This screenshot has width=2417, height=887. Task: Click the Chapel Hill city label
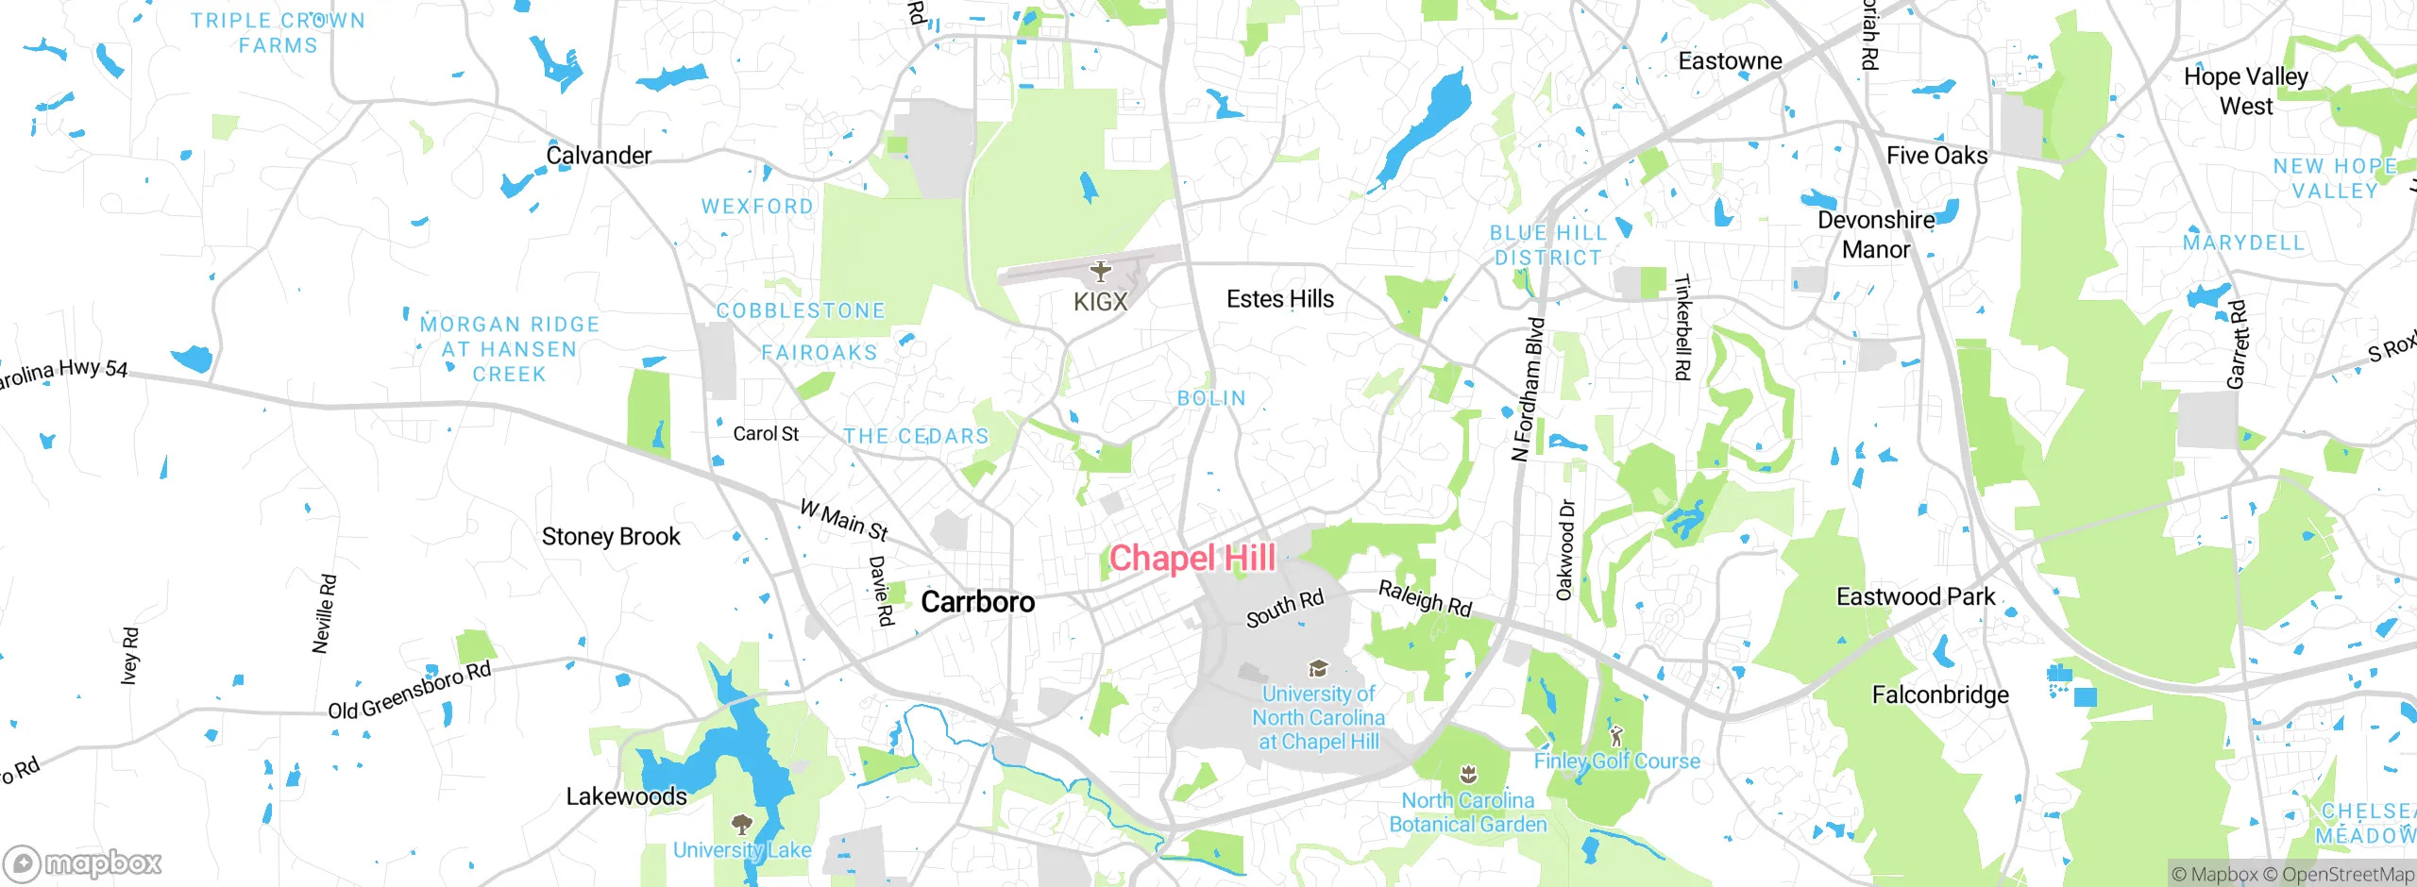[x=1192, y=558]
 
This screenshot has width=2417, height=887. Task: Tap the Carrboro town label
[x=977, y=602]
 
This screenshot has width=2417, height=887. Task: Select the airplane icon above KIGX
[x=1100, y=272]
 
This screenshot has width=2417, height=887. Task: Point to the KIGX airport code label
[x=1100, y=302]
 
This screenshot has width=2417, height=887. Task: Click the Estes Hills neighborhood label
[x=1279, y=299]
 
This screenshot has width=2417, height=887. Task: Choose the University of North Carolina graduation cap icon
[x=1317, y=669]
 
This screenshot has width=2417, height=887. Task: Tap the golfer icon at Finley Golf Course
[x=1615, y=735]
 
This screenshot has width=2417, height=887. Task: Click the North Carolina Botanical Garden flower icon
[x=1467, y=775]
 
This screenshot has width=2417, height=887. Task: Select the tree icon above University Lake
[x=742, y=824]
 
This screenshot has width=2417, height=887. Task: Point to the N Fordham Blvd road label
[x=1528, y=390]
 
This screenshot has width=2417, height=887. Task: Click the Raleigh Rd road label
[x=1425, y=598]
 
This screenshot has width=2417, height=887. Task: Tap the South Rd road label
[x=1285, y=609]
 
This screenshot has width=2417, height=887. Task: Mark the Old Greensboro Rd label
[x=410, y=691]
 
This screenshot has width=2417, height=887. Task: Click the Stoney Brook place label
[x=611, y=537]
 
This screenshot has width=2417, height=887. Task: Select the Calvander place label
[x=599, y=156]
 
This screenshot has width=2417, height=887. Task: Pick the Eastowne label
[x=1730, y=61]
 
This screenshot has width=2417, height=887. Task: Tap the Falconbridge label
[x=1940, y=695]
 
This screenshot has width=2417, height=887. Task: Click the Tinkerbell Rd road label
[x=1682, y=327]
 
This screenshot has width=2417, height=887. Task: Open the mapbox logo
[x=83, y=862]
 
